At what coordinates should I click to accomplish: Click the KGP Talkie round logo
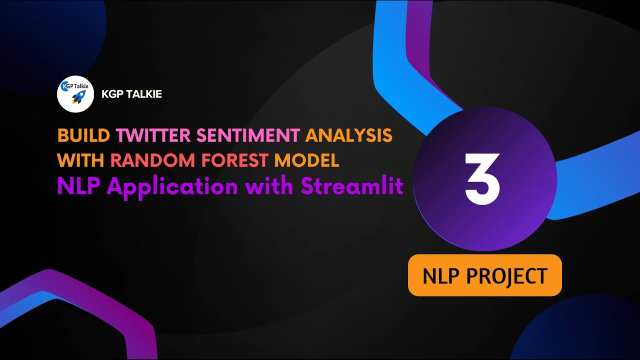[76, 93]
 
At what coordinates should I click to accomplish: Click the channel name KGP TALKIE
[131, 94]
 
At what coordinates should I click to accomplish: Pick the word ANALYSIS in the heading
[348, 135]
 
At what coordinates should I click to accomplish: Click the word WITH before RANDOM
[81, 160]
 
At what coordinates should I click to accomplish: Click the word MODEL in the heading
[307, 160]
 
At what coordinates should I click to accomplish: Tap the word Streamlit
[352, 186]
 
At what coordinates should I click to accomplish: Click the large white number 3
[482, 178]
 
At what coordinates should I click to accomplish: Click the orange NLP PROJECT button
[485, 275]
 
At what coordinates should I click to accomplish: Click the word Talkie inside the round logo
[80, 86]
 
